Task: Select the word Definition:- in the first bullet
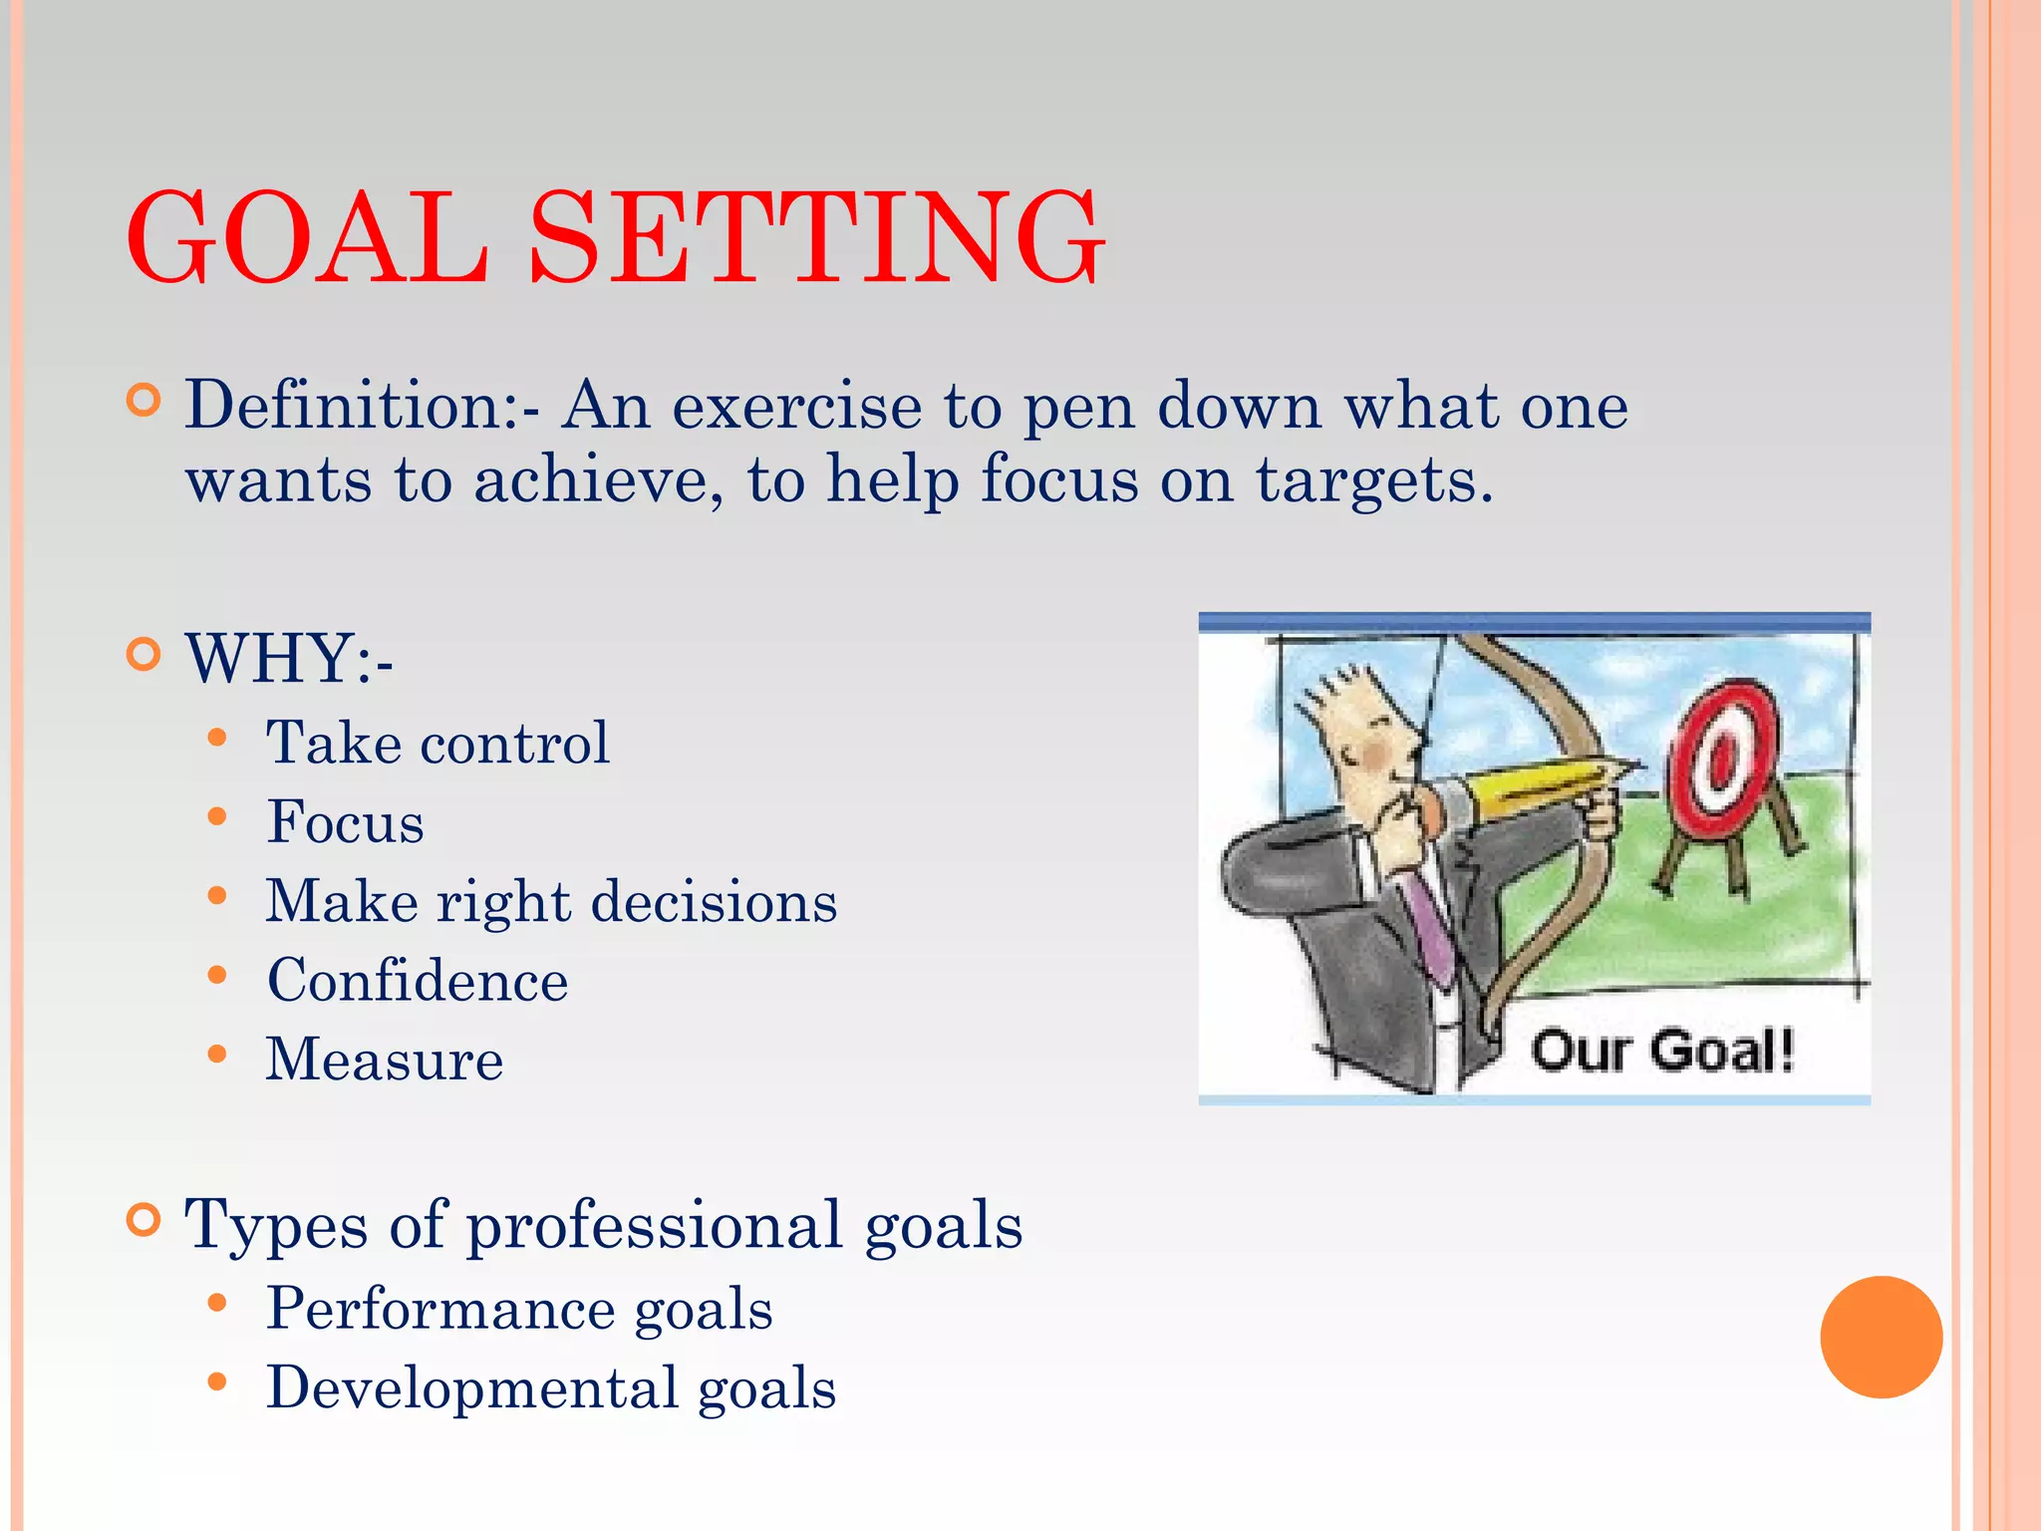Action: (x=363, y=406)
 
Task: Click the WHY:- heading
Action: (x=289, y=659)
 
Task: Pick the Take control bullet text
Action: (x=437, y=744)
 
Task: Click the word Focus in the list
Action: (x=345, y=823)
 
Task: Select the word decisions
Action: (x=714, y=902)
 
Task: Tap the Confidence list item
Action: (x=418, y=981)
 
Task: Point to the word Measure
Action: (x=384, y=1060)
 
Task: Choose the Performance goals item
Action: (x=519, y=1309)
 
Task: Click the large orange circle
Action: (x=1881, y=1337)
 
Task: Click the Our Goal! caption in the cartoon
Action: (x=1661, y=1051)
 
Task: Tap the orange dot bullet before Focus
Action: (x=217, y=818)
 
